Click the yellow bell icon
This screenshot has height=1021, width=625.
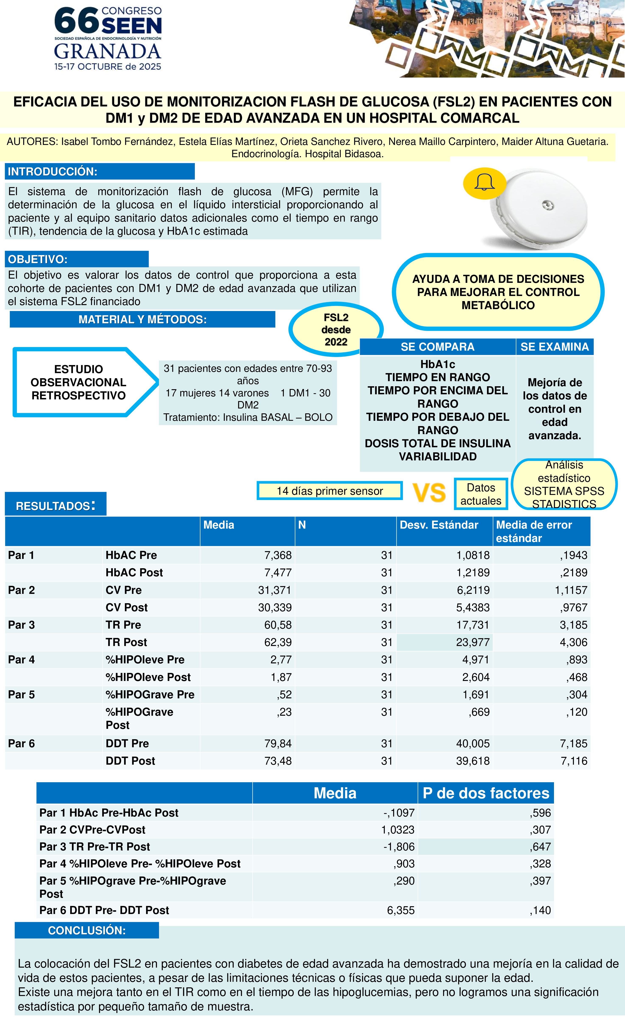(x=484, y=183)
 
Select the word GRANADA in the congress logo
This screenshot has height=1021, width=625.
(x=107, y=51)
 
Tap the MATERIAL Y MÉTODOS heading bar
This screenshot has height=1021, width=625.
(x=142, y=319)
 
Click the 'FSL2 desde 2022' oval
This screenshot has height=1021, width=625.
(x=336, y=329)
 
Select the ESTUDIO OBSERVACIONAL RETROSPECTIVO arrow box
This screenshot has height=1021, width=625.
(x=79, y=382)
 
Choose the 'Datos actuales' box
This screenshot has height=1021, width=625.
(x=481, y=494)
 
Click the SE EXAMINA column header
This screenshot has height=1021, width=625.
(x=554, y=347)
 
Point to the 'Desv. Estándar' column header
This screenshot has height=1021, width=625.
(x=439, y=525)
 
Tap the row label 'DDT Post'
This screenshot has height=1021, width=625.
(x=130, y=761)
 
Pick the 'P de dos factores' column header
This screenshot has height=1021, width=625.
(x=486, y=793)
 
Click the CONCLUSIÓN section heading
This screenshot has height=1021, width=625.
(x=87, y=930)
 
